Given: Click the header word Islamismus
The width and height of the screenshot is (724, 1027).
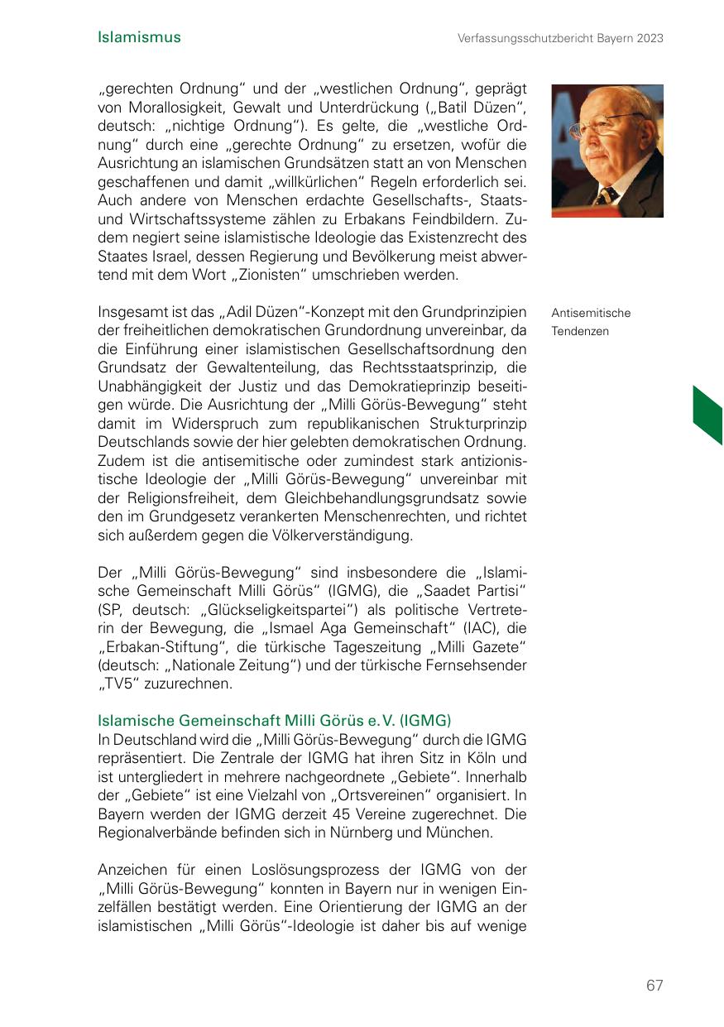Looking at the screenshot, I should [x=139, y=37].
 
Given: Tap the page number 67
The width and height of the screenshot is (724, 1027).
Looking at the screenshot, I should [x=654, y=986].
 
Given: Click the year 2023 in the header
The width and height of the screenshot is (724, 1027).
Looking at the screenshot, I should [x=648, y=38].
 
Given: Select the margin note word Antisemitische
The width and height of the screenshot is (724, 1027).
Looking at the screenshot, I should [x=591, y=313].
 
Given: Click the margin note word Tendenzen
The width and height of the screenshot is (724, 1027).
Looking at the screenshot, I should [x=580, y=331].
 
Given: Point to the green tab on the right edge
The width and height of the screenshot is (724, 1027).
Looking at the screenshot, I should [x=708, y=415].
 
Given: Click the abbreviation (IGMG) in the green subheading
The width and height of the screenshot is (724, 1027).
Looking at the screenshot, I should [x=423, y=720].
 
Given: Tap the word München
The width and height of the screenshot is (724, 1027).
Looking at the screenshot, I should [x=463, y=833].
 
